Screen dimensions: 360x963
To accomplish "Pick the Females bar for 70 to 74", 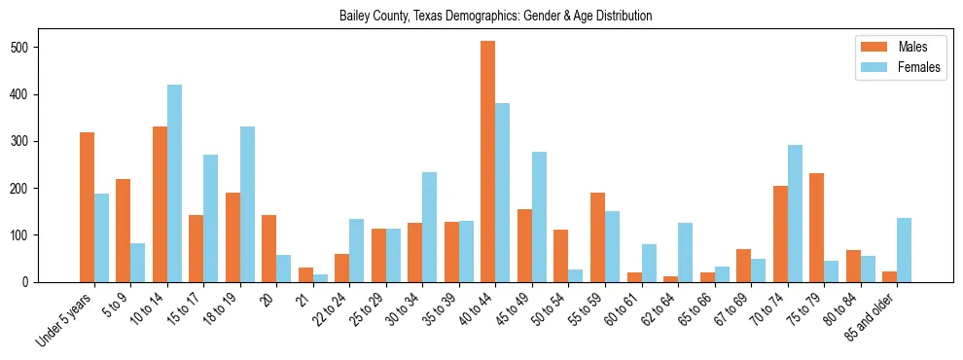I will [x=795, y=213].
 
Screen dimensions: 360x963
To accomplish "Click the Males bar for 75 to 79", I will [x=816, y=228].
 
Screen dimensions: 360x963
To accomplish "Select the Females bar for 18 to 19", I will [x=247, y=204].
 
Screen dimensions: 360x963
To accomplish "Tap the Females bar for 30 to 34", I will [x=430, y=227].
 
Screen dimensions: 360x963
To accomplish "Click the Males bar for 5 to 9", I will [x=124, y=231].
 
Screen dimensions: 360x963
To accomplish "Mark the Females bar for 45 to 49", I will [x=539, y=217].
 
